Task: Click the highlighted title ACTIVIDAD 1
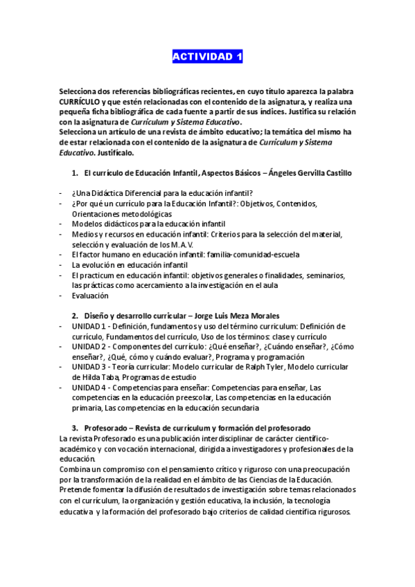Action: coord(207,57)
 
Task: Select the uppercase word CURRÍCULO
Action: coord(80,101)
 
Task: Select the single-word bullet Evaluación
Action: coord(90,296)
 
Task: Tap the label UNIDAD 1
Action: coord(88,326)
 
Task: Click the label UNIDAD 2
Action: coord(88,346)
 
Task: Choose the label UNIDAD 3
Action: coord(88,367)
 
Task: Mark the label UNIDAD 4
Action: coord(88,388)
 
